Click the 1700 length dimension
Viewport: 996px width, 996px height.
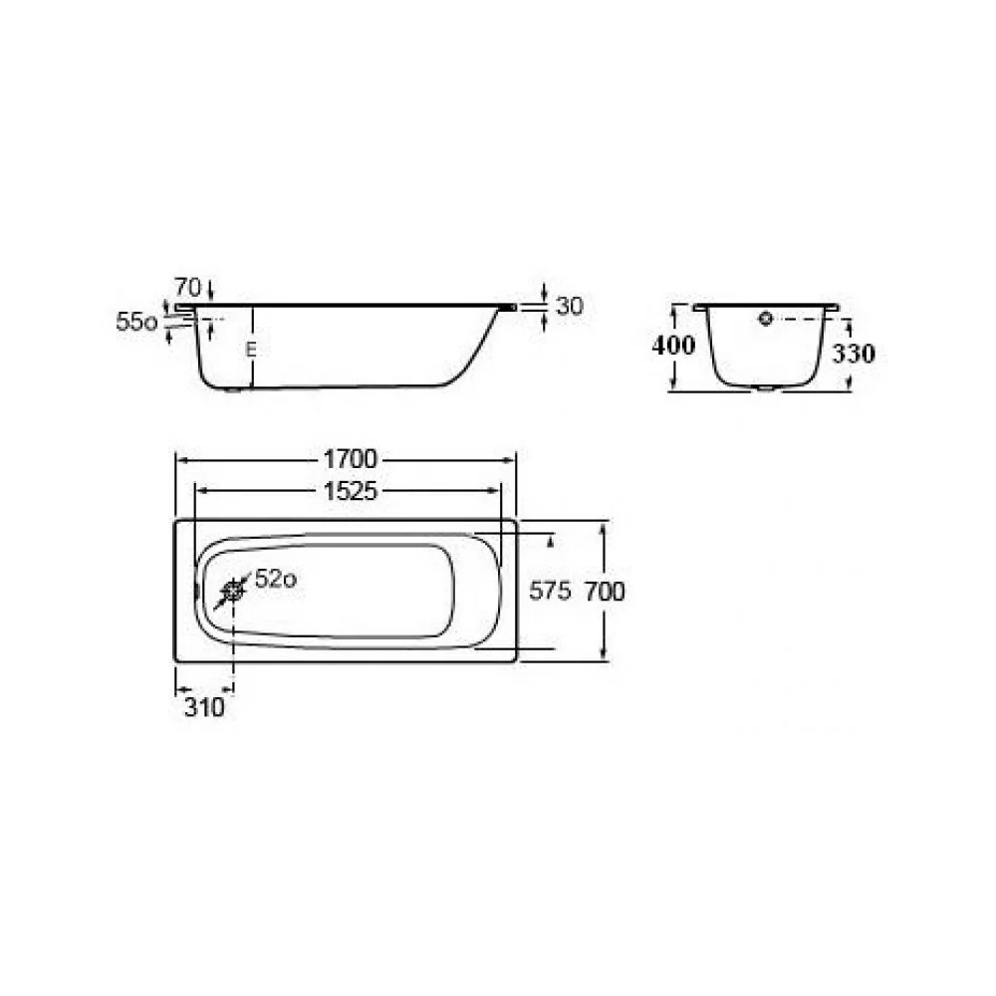pos(350,458)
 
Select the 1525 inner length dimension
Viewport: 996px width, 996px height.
pos(350,491)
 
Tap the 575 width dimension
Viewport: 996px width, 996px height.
pos(550,592)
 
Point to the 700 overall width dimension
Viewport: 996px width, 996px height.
pos(605,592)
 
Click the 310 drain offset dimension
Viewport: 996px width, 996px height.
pos(204,707)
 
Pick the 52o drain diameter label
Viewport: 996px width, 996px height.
pos(276,579)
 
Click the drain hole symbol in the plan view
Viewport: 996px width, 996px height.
pos(233,592)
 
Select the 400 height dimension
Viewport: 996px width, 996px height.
pos(673,345)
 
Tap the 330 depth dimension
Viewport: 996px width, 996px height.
pos(854,354)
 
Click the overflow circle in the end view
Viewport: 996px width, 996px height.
pos(765,319)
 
